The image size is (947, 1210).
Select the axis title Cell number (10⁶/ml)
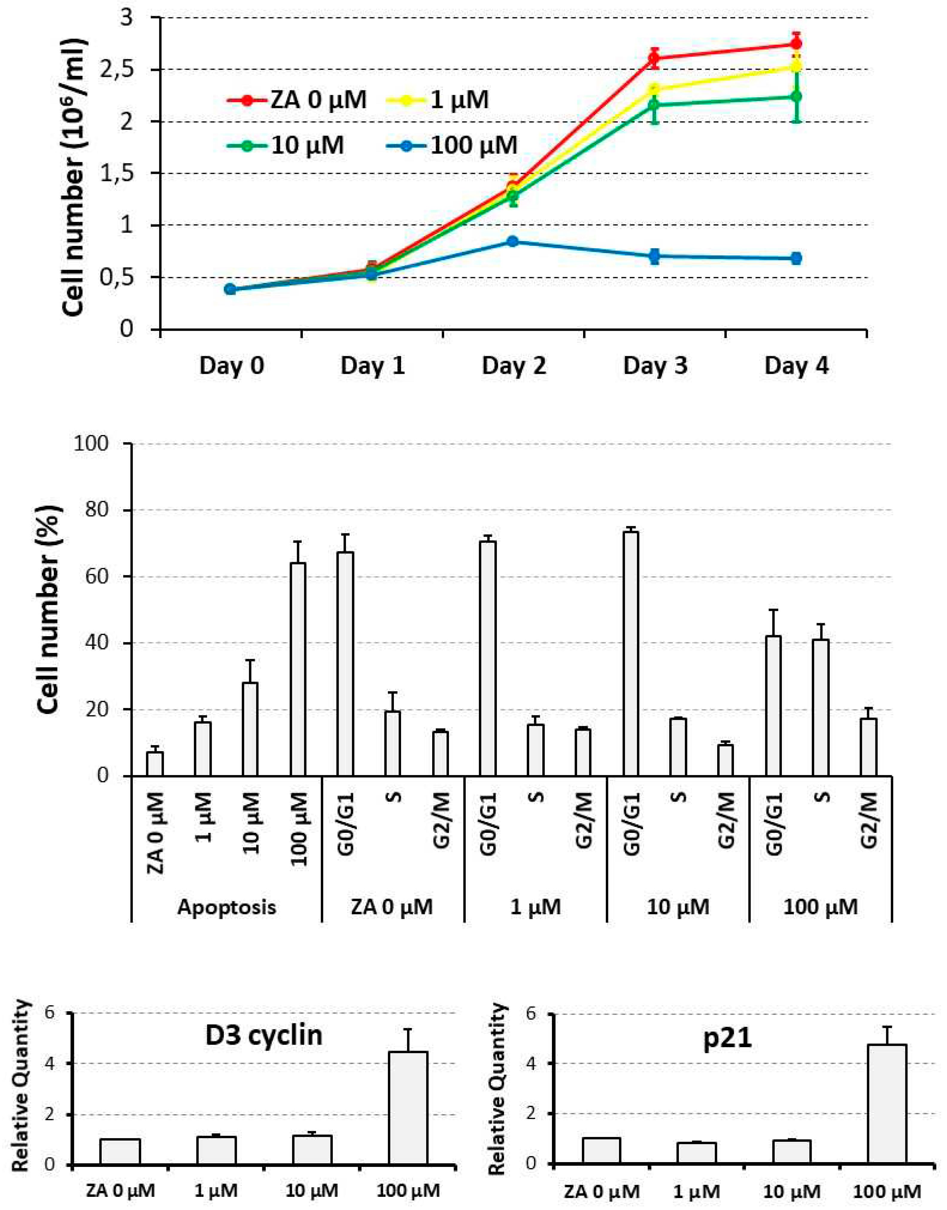pyautogui.click(x=75, y=178)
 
